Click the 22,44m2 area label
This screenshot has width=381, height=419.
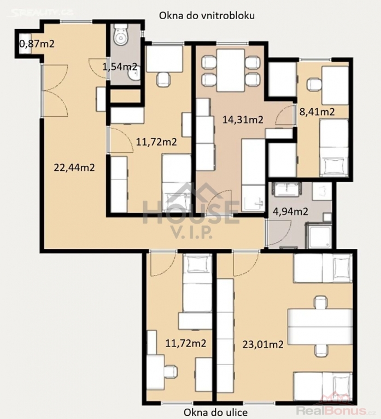click(74, 168)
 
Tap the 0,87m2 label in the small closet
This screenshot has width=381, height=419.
click(37, 44)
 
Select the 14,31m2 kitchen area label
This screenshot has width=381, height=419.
click(243, 119)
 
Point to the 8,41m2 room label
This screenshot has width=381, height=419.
click(317, 111)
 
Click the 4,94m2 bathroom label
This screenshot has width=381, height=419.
click(290, 212)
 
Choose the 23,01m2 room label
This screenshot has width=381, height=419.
click(263, 344)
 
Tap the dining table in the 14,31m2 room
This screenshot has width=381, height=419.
click(231, 70)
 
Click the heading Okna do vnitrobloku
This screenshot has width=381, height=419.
click(207, 15)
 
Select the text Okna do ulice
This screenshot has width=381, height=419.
click(215, 412)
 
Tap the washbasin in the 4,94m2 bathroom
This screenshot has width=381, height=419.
click(287, 189)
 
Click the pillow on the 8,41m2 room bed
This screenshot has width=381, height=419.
click(333, 165)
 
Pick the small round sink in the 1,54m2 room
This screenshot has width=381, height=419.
click(133, 76)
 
